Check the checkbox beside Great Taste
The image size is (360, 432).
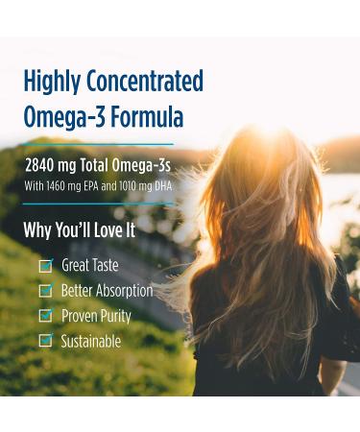click(x=44, y=266)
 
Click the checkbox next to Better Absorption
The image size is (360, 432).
click(x=44, y=291)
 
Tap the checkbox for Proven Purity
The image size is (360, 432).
click(x=44, y=316)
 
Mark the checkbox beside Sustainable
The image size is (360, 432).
click(x=44, y=341)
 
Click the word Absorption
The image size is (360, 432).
click(x=123, y=291)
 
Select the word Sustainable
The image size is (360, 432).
click(x=91, y=341)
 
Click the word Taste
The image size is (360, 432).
click(x=103, y=266)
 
